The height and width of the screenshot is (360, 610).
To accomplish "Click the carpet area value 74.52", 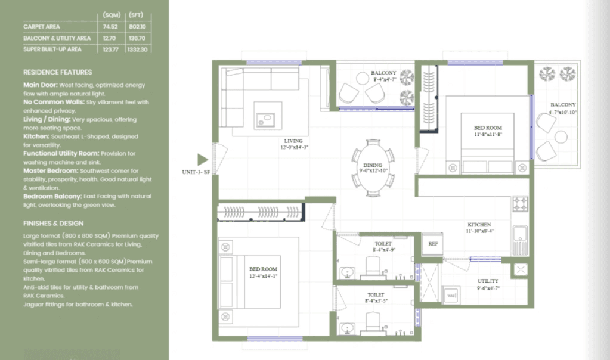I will (x=109, y=27).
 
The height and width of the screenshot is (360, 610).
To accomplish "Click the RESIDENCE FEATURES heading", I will (x=57, y=72).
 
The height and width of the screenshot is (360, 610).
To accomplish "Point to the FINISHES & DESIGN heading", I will (x=54, y=224).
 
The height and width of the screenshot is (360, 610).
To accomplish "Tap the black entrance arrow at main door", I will (x=202, y=159).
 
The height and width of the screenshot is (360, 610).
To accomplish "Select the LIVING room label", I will (x=294, y=141).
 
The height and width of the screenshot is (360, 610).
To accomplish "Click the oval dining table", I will (x=372, y=167).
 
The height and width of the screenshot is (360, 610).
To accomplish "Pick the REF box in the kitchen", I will (x=433, y=244).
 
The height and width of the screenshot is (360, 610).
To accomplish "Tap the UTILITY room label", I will (x=488, y=281).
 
